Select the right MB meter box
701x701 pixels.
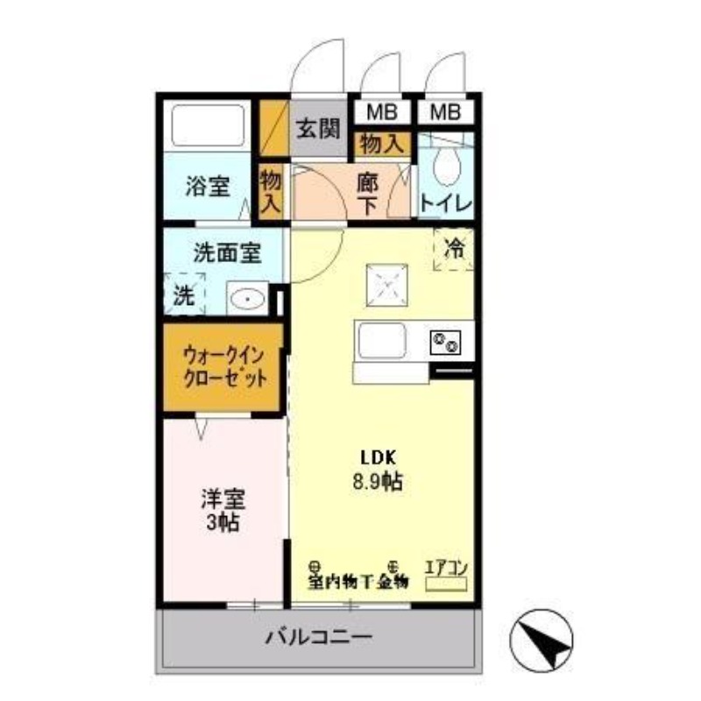click(x=445, y=111)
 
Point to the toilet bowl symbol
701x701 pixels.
click(x=447, y=164)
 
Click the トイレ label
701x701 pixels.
click(x=446, y=203)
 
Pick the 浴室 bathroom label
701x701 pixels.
click(x=208, y=186)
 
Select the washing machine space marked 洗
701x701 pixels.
click(x=183, y=294)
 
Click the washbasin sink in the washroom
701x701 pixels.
click(x=248, y=298)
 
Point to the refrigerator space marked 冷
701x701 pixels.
click(x=454, y=249)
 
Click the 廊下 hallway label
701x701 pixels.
click(x=368, y=193)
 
